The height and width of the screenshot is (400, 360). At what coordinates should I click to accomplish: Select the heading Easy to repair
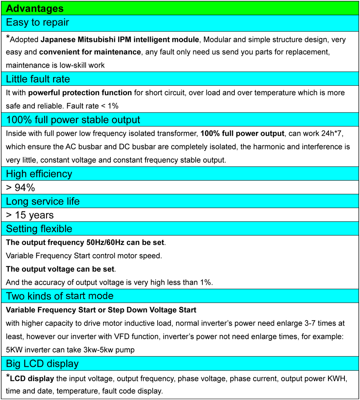pos(38,22)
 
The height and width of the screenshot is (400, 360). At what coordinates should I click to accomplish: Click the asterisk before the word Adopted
pos(8,38)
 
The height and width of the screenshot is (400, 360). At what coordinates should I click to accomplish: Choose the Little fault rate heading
pos(38,79)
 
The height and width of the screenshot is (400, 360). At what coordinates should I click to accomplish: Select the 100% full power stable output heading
pos(73,120)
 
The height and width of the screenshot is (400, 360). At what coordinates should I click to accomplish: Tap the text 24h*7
pos(335,133)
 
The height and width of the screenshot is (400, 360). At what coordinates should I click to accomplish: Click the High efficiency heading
pos(39,174)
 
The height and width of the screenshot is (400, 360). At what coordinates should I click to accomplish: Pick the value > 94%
pos(20,187)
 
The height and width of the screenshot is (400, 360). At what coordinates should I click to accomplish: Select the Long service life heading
pos(43,201)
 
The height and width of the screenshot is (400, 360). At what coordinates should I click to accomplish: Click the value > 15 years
pos(30,215)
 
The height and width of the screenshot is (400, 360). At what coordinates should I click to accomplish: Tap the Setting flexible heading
pos(39,229)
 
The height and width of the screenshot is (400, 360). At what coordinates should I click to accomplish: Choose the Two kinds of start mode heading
pos(60,296)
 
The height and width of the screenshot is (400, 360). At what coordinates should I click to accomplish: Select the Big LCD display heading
pos(42,364)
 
